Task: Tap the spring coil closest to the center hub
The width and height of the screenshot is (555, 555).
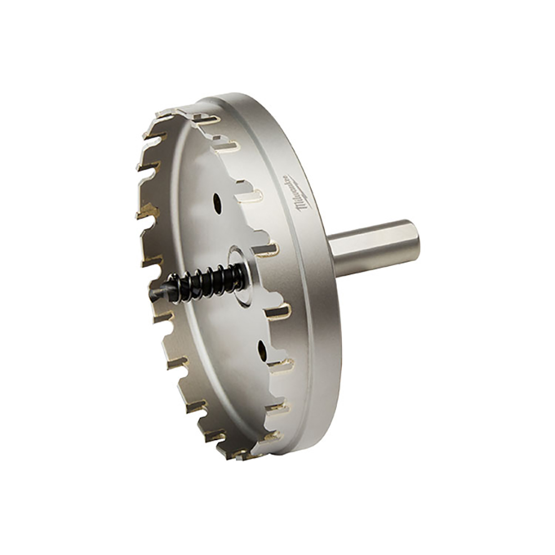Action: (238, 273)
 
